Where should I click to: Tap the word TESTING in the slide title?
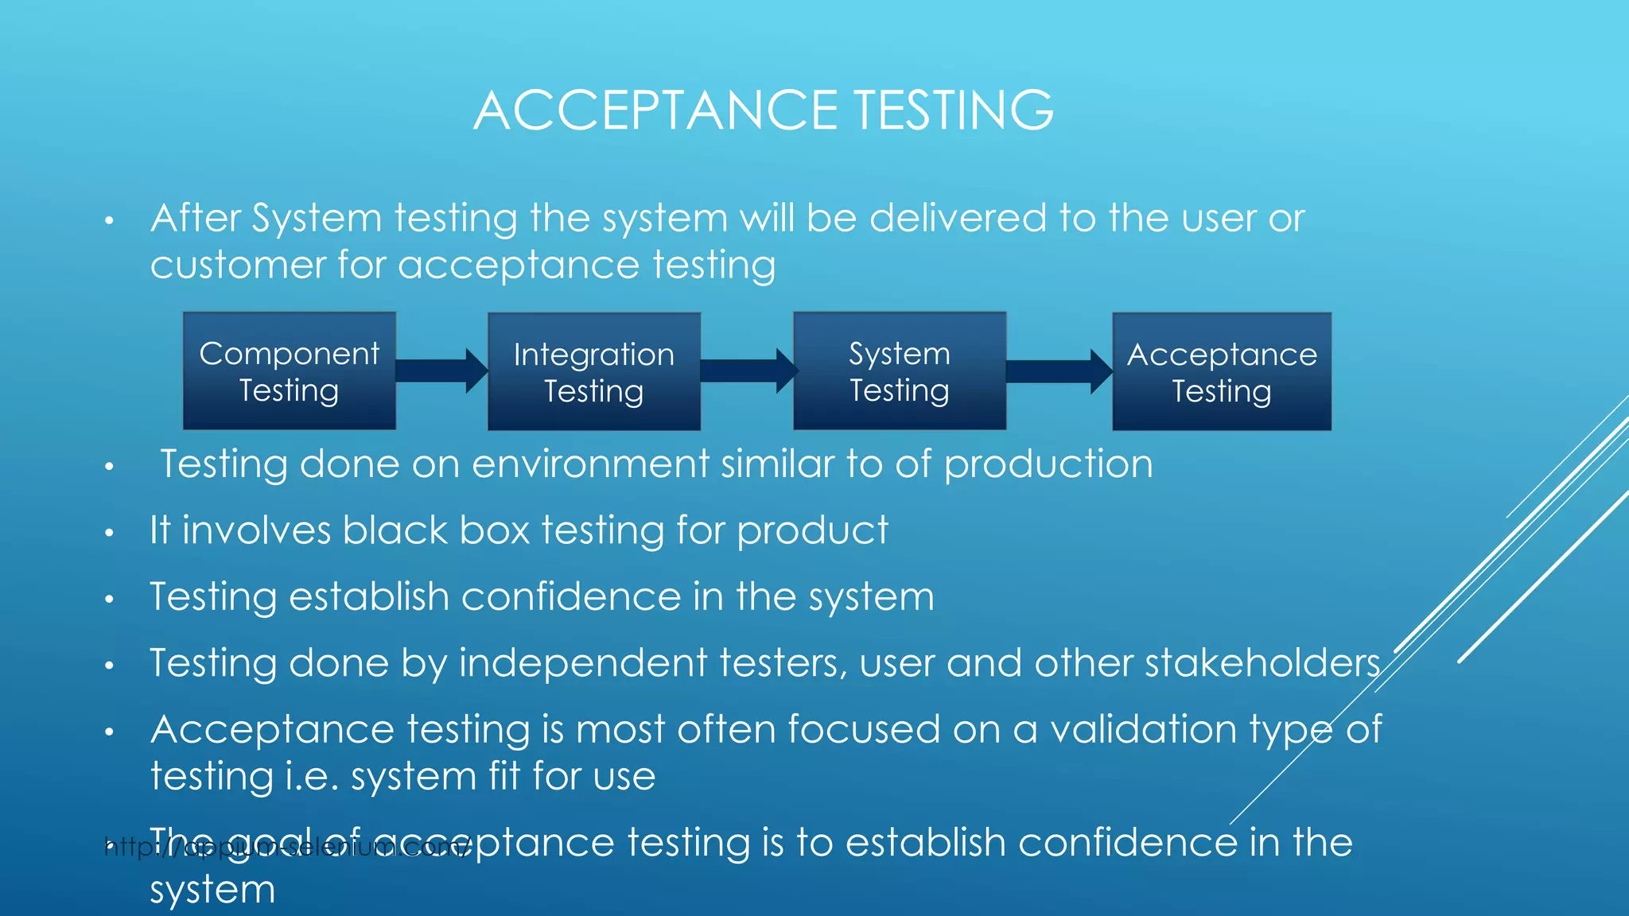(x=954, y=110)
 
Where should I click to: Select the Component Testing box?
(x=290, y=371)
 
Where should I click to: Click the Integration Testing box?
(x=593, y=372)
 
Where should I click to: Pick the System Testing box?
(x=900, y=371)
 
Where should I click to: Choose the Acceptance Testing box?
(x=1221, y=372)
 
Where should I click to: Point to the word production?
(x=1048, y=465)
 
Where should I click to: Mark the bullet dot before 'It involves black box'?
(x=110, y=533)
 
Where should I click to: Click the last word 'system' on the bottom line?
(x=212, y=891)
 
